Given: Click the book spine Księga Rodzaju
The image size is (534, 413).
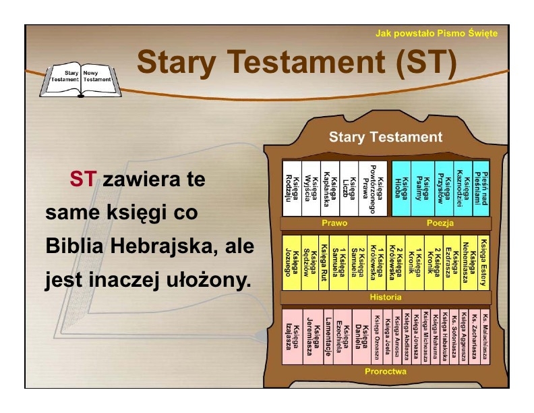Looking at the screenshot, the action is point(292,188).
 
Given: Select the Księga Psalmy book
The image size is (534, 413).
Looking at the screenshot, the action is point(422,188).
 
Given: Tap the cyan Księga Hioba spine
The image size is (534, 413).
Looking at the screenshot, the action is point(402,188).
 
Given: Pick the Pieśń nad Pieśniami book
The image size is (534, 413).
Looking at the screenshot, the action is point(481,188).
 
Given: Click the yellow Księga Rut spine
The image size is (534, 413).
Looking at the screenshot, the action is point(324,263).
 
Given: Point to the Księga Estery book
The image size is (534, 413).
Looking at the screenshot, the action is point(483,263).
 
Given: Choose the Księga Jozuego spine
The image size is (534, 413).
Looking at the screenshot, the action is point(291,263).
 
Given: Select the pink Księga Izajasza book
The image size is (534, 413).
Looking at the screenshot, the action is point(293,337).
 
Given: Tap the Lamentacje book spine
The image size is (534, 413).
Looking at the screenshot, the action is point(328,337).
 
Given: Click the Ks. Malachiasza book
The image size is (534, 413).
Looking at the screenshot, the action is point(485,337).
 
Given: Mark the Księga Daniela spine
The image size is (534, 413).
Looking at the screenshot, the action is point(361,337).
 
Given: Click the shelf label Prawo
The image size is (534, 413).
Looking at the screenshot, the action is point(334,223).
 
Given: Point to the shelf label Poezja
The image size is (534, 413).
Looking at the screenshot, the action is point(440,223).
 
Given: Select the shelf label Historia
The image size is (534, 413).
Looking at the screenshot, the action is point(386,297).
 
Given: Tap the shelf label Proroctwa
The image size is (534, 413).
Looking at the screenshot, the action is point(386,371).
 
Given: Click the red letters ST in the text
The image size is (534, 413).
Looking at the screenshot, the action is point(83,179).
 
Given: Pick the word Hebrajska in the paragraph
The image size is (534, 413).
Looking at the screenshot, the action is point(164,246).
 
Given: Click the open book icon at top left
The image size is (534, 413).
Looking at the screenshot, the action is point(81,80).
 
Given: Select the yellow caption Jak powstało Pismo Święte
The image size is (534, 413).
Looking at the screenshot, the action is point(436,33).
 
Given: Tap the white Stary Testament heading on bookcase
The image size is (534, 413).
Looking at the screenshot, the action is point(386,137).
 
